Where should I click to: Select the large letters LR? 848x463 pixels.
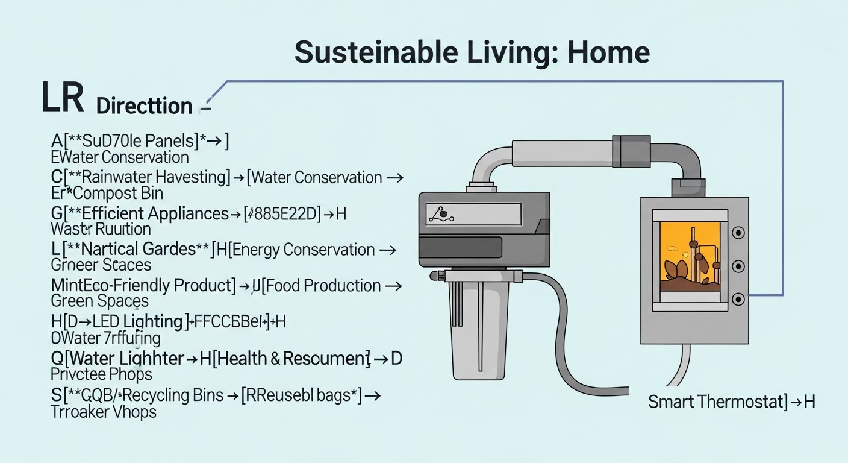(x=62, y=99)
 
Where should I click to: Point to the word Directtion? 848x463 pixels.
(x=144, y=106)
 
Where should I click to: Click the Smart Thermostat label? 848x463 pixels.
(x=711, y=402)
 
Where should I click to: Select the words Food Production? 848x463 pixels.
(x=320, y=285)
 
